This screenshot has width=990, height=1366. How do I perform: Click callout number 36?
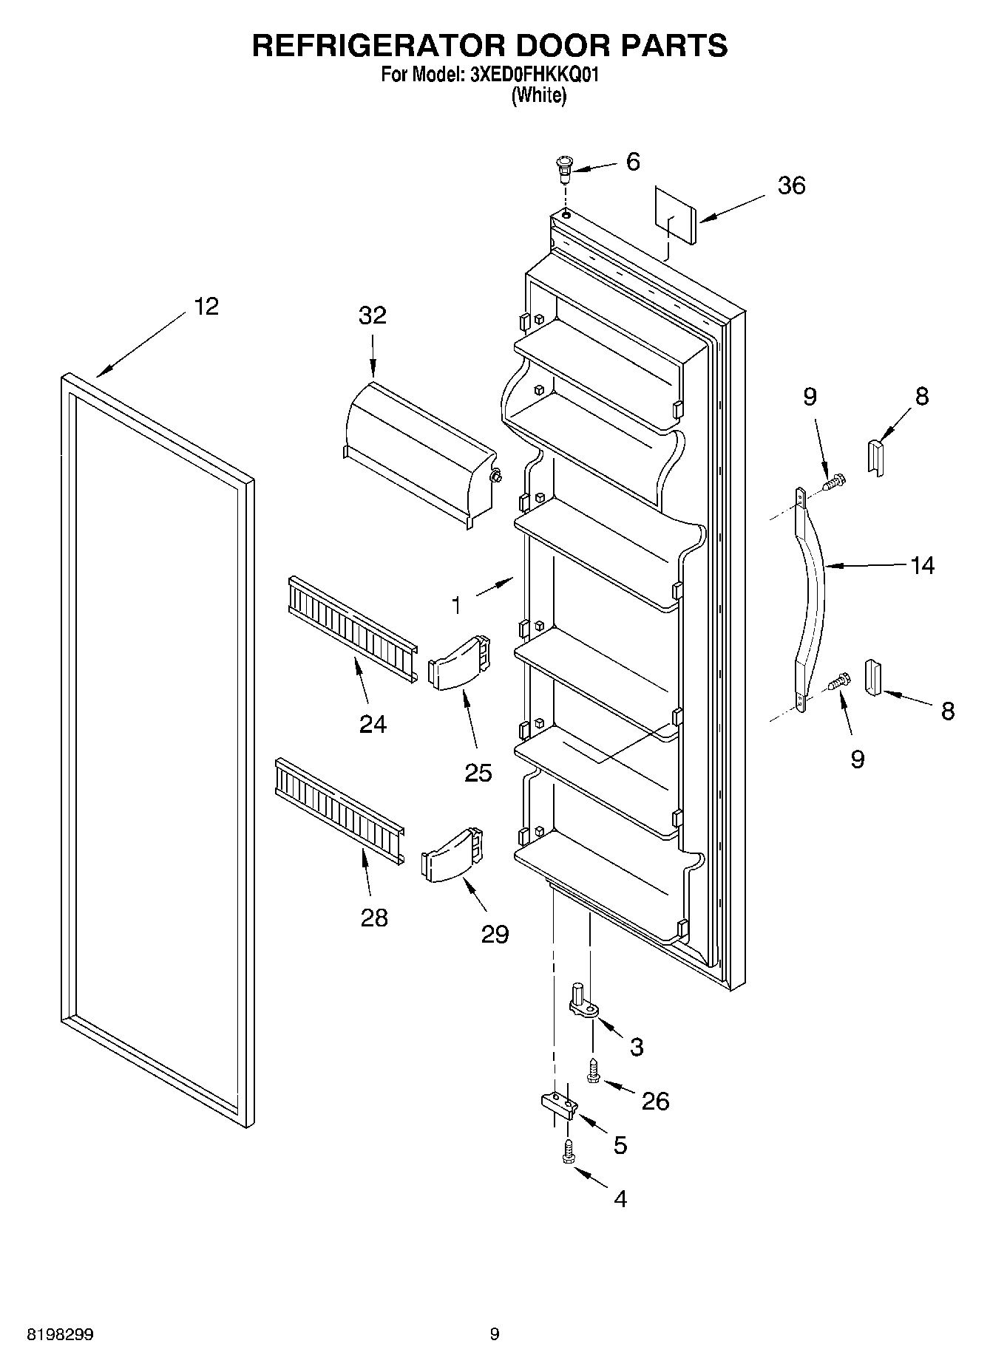(x=791, y=185)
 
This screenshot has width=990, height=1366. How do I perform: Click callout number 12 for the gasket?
(x=206, y=307)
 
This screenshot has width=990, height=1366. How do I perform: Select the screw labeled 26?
(x=592, y=1072)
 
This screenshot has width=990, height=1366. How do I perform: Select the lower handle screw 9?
(x=840, y=681)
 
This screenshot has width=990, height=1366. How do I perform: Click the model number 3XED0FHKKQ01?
(x=531, y=75)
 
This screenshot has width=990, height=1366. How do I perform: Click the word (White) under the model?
(x=539, y=95)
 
